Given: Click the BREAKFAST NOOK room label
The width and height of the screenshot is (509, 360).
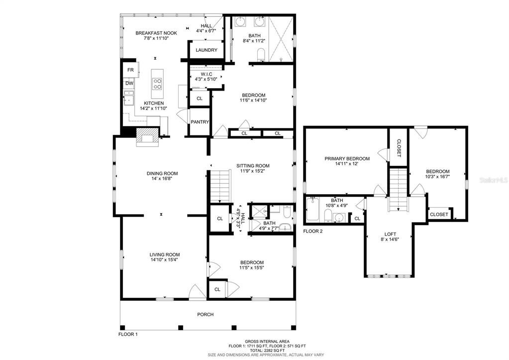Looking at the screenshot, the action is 156,33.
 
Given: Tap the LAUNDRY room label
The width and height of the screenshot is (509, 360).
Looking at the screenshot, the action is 206,50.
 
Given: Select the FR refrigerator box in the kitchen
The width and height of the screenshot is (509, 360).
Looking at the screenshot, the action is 131,70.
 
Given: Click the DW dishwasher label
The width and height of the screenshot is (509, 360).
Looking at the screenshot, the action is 129,84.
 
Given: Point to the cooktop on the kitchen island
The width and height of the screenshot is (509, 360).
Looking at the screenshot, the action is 157,84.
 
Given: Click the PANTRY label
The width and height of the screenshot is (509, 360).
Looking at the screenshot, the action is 200,122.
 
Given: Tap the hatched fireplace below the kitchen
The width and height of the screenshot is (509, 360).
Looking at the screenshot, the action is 147,137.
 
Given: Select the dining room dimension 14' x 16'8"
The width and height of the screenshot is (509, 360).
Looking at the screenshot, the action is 162,178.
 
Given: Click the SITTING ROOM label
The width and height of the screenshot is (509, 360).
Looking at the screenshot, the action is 253,166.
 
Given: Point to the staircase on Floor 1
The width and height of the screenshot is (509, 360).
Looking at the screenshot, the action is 220,187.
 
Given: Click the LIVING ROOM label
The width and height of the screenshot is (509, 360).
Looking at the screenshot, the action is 165,255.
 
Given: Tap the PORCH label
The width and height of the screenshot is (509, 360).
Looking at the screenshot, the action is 205,315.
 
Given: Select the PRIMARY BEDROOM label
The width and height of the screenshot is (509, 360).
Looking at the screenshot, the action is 347,159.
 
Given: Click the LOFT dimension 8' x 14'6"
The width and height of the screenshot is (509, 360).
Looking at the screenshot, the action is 390,239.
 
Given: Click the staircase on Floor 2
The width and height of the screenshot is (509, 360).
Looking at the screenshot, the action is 398,190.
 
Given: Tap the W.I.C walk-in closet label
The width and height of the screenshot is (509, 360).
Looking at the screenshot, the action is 206,74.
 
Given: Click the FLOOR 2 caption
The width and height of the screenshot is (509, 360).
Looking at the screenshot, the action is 313,232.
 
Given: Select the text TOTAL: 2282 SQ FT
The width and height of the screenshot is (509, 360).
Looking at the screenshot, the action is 265,351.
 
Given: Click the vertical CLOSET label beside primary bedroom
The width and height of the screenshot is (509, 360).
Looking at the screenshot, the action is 399,148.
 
